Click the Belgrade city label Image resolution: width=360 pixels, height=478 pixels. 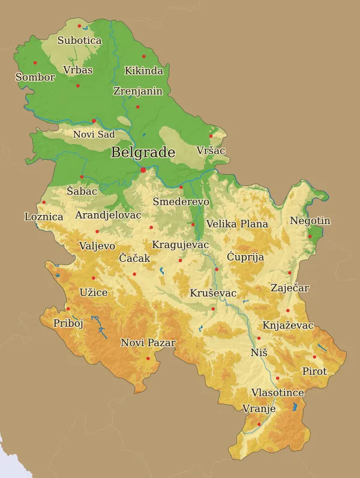pyautogui.click(x=143, y=153)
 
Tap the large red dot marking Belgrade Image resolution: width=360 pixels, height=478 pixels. pyautogui.click(x=143, y=171)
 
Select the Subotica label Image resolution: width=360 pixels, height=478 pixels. pyautogui.click(x=79, y=41)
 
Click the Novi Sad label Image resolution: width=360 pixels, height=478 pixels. pyautogui.click(x=94, y=135)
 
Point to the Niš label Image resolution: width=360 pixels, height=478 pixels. pyautogui.click(x=259, y=352)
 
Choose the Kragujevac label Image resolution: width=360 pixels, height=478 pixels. pyautogui.click(x=180, y=245)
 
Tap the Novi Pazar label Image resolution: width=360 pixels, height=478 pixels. pyautogui.click(x=148, y=343)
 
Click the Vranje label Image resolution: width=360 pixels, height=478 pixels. pyautogui.click(x=259, y=409)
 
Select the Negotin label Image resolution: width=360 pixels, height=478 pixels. pyautogui.click(x=310, y=221)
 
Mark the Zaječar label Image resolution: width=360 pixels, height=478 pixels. pyautogui.click(x=290, y=288)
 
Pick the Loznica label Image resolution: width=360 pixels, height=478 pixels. pyautogui.click(x=43, y=217)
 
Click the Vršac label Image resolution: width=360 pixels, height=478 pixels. pyautogui.click(x=211, y=150)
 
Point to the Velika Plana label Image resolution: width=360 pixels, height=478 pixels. pyautogui.click(x=237, y=224)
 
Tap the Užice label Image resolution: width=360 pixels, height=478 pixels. pyautogui.click(x=94, y=293)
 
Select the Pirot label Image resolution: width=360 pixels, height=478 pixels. pyautogui.click(x=314, y=372)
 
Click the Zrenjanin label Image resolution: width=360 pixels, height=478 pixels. pyautogui.click(x=137, y=91)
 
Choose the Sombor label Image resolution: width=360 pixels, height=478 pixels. pyautogui.click(x=35, y=77)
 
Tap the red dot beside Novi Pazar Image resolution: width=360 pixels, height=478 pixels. pyautogui.click(x=148, y=358)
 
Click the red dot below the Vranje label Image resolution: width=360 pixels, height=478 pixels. pyautogui.click(x=259, y=424)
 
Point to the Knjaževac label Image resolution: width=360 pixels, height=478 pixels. pyautogui.click(x=288, y=325)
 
